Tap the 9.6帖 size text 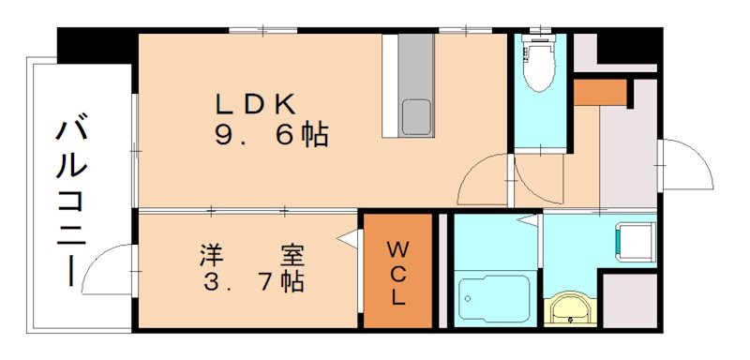tap(271, 137)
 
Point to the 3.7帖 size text tap(250, 280)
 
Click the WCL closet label tap(397, 273)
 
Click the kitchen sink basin tap(417, 117)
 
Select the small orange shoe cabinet tap(600, 92)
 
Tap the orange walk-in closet tap(397, 272)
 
